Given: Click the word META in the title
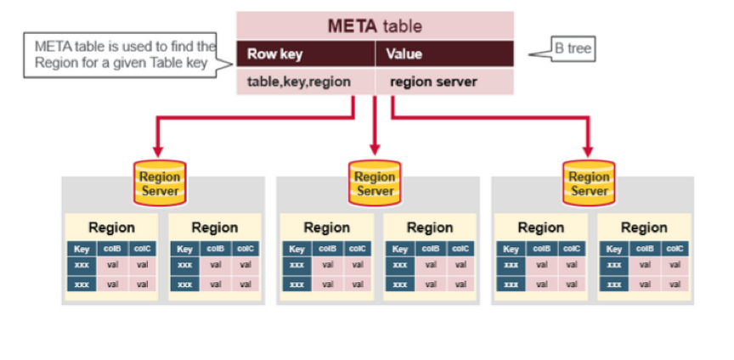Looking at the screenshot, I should pyautogui.click(x=351, y=26).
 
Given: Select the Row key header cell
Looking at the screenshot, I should pyautogui.click(x=274, y=54).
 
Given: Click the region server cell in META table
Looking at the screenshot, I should pyautogui.click(x=433, y=82).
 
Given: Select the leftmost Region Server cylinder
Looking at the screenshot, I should pyautogui.click(x=160, y=183).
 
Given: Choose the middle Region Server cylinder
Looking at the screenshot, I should pyautogui.click(x=375, y=183).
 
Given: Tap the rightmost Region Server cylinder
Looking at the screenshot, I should pyautogui.click(x=589, y=183).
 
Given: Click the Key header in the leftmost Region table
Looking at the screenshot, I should pyautogui.click(x=82, y=249).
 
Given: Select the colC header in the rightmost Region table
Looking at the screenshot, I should pyautogui.click(x=675, y=249).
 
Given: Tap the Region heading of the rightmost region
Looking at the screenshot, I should pyautogui.click(x=643, y=228).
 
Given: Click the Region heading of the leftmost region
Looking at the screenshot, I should pyautogui.click(x=111, y=228).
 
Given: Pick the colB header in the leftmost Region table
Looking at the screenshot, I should pyautogui.click(x=112, y=249).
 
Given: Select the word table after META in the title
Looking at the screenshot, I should pyautogui.click(x=401, y=26).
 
